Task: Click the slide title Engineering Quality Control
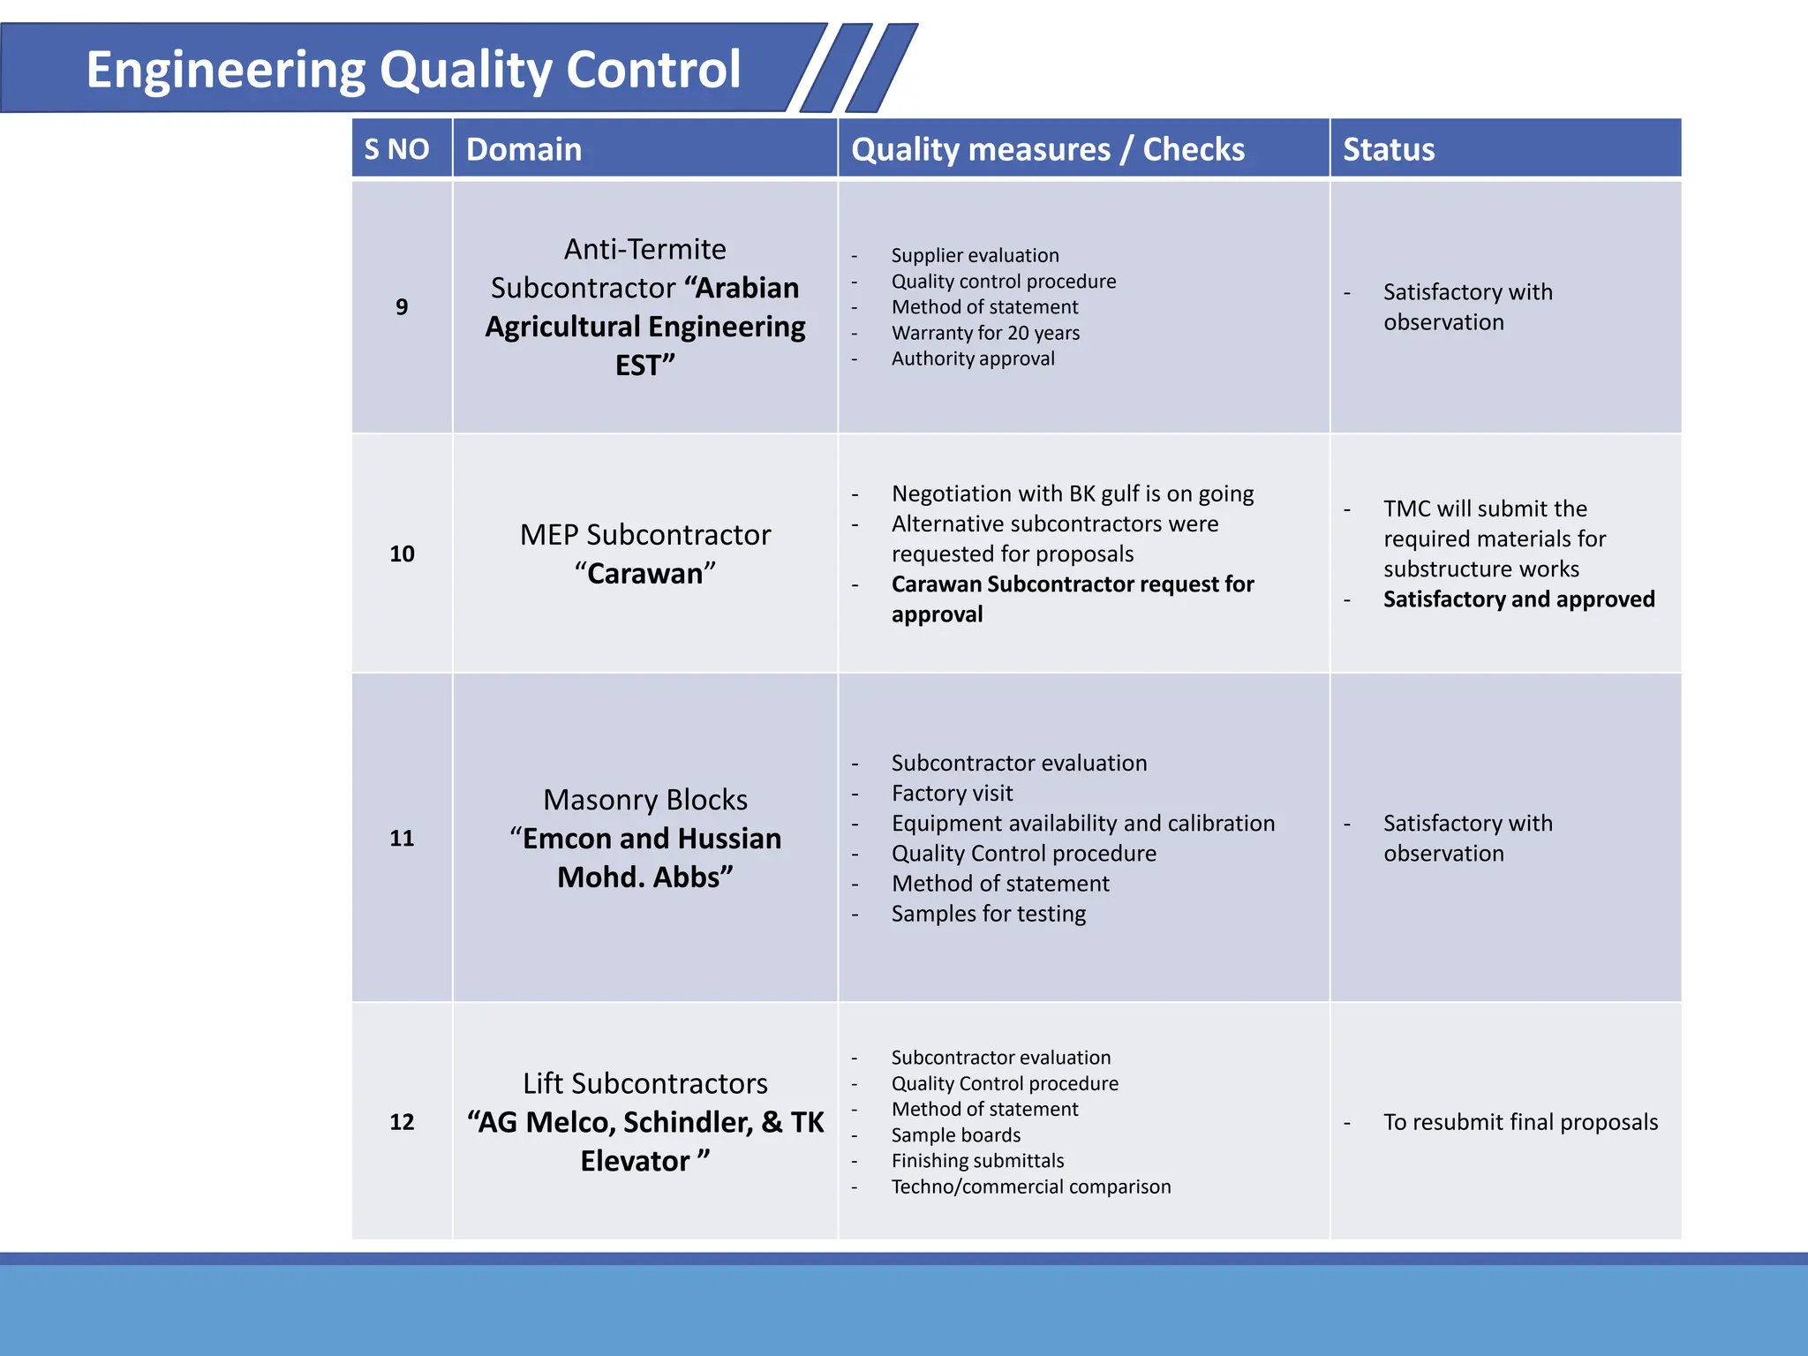[x=412, y=70]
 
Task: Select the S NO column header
[x=396, y=149]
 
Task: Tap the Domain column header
[x=524, y=149]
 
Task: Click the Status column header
[x=1388, y=149]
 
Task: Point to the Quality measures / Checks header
[x=1047, y=149]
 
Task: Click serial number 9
[x=402, y=307]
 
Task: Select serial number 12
[x=402, y=1122]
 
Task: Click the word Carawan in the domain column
[x=644, y=574]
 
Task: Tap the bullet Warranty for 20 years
[x=985, y=333]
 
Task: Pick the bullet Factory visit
[x=952, y=793]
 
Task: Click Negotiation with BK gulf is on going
[x=1072, y=493]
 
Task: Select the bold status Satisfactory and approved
[x=1518, y=599]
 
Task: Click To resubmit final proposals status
[x=1520, y=1122]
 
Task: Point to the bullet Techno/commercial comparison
[x=1030, y=1186]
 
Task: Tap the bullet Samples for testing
[x=988, y=914]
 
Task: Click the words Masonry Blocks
[x=644, y=800]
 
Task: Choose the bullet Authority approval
[x=972, y=358]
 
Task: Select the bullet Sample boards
[x=955, y=1135]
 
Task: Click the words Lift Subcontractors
[x=644, y=1083]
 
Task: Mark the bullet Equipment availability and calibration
[x=1082, y=824]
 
